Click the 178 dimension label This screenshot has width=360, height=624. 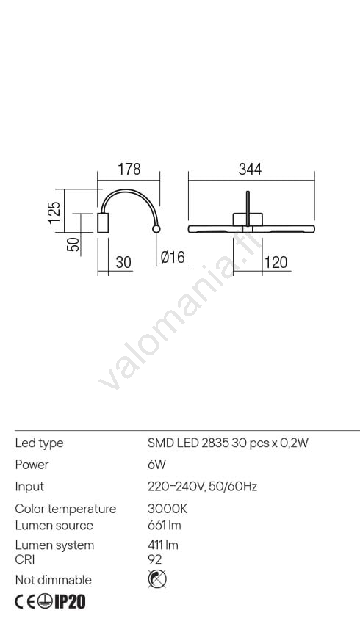tap(129, 169)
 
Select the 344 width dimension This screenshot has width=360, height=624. tap(250, 169)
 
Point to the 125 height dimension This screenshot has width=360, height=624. tap(54, 212)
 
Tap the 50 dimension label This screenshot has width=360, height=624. tap(73, 244)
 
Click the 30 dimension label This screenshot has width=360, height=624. tap(123, 263)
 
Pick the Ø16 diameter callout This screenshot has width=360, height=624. tap(173, 257)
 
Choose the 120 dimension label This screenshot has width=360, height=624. tap(276, 263)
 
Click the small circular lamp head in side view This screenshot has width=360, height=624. tap(156, 229)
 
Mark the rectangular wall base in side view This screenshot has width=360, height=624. tap(103, 223)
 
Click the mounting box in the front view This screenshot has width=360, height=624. tap(248, 220)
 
